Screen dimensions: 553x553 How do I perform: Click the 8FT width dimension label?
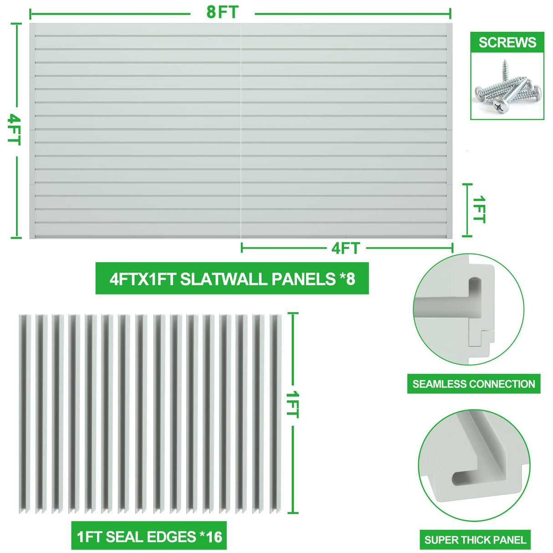pyautogui.click(x=222, y=12)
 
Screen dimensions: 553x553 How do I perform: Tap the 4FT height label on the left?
pyautogui.click(x=15, y=129)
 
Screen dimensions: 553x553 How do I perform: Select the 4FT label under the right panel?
pyautogui.click(x=346, y=248)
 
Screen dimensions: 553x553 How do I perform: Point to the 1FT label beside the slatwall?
pyautogui.click(x=479, y=210)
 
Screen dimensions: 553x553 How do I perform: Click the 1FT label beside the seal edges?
pyautogui.click(x=293, y=404)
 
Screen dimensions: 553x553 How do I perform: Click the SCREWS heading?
pyautogui.click(x=507, y=42)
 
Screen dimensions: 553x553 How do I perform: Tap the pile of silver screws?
pyautogui.click(x=507, y=89)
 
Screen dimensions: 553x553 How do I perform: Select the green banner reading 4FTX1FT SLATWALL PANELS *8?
pyautogui.click(x=232, y=278)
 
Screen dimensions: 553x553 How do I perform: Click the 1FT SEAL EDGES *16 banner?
pyautogui.click(x=149, y=537)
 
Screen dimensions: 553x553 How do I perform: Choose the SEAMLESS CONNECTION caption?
pyautogui.click(x=474, y=384)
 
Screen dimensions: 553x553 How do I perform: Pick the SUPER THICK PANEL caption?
pyautogui.click(x=475, y=540)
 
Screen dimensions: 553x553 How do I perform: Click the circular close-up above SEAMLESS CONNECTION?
pyautogui.click(x=469, y=310)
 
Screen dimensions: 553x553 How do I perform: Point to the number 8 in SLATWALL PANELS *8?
pyautogui.click(x=350, y=278)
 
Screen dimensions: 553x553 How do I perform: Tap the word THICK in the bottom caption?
pyautogui.click(x=479, y=540)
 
